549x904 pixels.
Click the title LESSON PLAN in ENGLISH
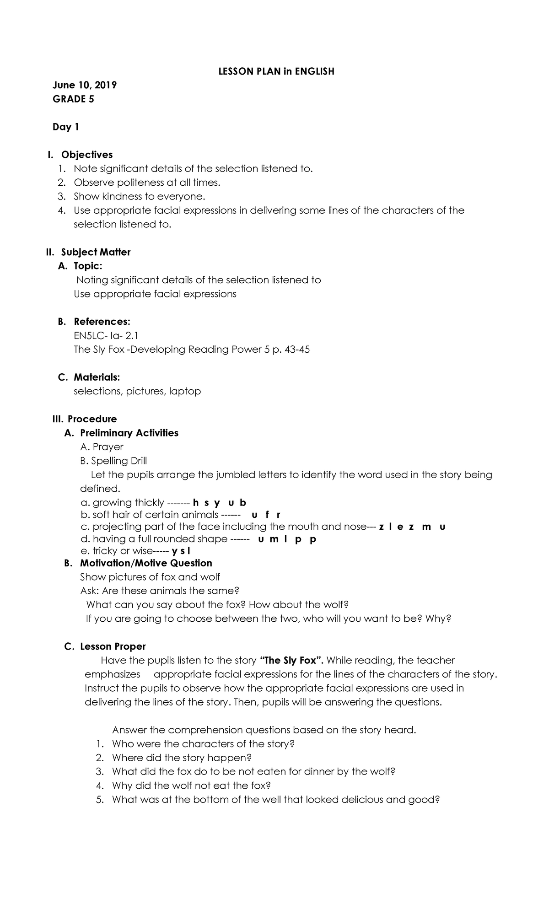(276, 71)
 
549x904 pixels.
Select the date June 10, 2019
(85, 85)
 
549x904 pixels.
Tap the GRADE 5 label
(74, 99)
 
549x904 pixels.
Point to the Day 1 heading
(66, 127)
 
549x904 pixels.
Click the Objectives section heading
(87, 155)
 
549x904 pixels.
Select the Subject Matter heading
(96, 252)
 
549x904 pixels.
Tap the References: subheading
(102, 322)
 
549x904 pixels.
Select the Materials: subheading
(97, 377)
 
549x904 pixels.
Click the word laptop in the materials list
(185, 391)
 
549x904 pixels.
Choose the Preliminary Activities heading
(129, 433)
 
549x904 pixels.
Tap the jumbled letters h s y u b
(220, 503)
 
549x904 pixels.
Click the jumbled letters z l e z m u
(412, 527)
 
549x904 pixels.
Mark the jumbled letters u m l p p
(287, 539)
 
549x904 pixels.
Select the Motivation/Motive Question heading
(146, 563)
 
